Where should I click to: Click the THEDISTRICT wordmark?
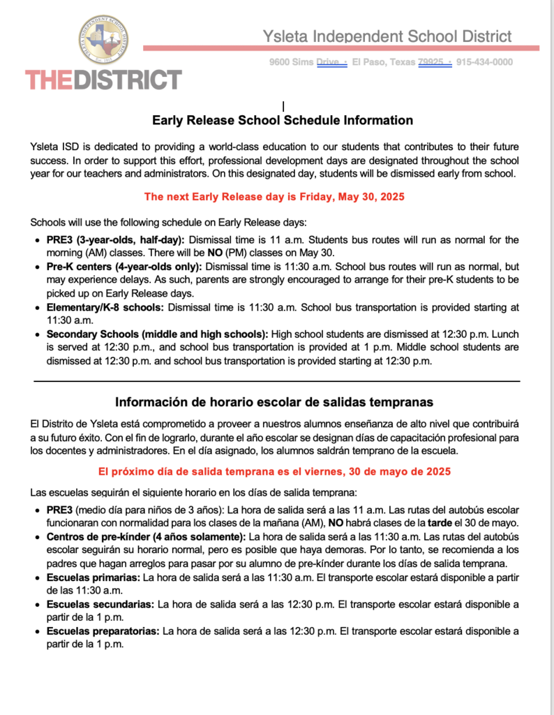[103, 80]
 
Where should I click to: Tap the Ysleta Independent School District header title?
[387, 36]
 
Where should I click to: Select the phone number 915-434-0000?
[485, 62]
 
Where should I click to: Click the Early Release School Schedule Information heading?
[283, 120]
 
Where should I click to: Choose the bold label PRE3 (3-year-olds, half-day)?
[115, 239]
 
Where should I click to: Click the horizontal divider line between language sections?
[277, 381]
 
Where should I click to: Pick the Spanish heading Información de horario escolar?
[274, 402]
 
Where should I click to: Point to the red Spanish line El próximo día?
[274, 471]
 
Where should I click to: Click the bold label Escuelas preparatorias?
[104, 631]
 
